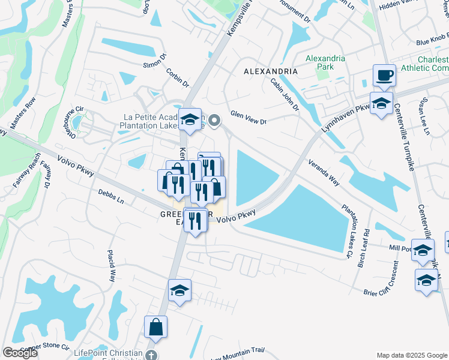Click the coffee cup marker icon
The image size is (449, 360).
[384, 76]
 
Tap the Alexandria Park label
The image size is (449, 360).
[325, 62]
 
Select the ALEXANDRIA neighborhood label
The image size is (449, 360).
[271, 71]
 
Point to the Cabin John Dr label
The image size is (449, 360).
[284, 95]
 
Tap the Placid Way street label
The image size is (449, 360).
[112, 266]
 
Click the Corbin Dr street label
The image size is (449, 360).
[178, 76]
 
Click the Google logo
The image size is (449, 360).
[20, 353]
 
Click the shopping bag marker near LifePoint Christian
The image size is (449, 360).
[155, 328]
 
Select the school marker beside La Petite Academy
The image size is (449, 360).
[190, 119]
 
